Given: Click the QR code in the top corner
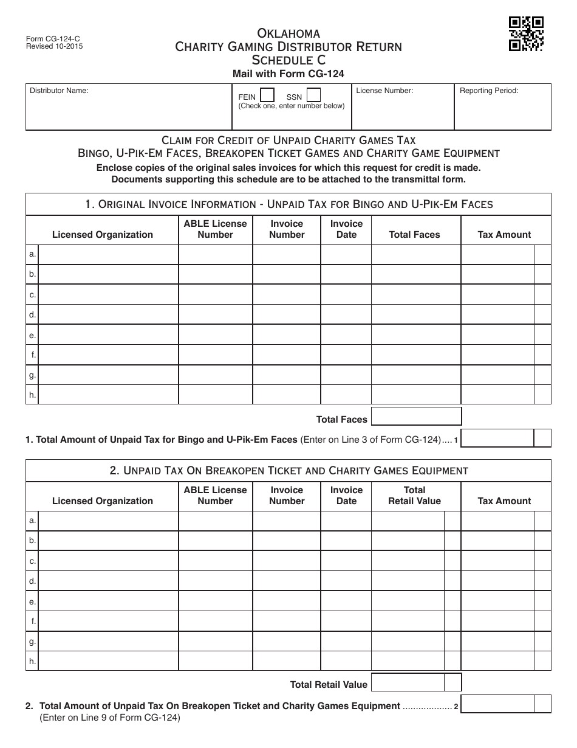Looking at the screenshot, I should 526,34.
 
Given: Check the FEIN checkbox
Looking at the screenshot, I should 267,95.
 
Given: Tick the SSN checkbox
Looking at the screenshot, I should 313,95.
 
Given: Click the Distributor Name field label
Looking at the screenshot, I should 60,91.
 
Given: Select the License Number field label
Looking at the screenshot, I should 384,91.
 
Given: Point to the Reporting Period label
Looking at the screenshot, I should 489,91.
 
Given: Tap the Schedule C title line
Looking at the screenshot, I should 288,60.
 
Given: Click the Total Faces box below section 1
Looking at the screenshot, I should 416,417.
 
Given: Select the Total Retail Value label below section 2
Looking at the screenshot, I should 329,684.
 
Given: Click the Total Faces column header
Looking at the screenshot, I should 414,235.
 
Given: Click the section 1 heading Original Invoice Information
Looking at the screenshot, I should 288,204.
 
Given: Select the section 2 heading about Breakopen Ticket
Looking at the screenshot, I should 288,471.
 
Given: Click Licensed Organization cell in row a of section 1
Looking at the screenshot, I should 108,254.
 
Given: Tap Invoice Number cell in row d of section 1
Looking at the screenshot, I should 287,315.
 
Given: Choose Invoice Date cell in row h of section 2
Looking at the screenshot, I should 346,661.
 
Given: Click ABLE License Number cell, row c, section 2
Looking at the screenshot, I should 215,561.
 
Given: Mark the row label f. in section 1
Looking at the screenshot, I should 33,355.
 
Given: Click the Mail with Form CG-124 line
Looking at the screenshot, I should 288,74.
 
